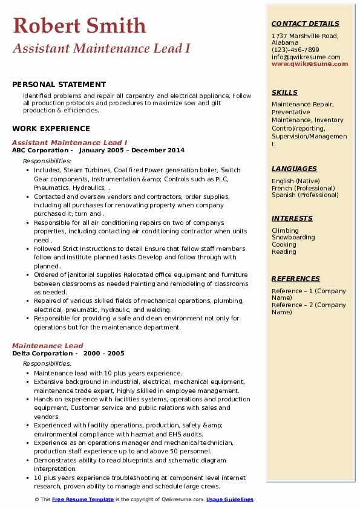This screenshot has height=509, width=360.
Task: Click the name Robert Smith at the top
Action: point(79,25)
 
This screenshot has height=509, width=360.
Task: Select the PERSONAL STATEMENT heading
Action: point(59,85)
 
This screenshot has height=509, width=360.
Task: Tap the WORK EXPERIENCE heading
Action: point(51,128)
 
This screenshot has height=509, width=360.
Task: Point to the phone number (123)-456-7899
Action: point(295,50)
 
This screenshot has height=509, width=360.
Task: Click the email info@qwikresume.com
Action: point(306,57)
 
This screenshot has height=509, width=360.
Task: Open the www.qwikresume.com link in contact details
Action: point(306,64)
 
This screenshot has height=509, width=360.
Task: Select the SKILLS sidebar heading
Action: point(284,92)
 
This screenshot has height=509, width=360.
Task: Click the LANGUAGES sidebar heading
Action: point(294,169)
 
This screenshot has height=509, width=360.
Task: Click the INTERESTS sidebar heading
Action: point(292,218)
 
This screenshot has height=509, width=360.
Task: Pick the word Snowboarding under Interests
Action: point(293,238)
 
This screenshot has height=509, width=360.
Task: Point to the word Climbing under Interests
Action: point(285,230)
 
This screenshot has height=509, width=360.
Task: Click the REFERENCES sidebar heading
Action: point(296,279)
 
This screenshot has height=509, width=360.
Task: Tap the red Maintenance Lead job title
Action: point(48,346)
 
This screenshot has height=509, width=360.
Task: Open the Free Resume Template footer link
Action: point(83,499)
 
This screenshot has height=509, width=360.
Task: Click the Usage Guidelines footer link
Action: point(230,499)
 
